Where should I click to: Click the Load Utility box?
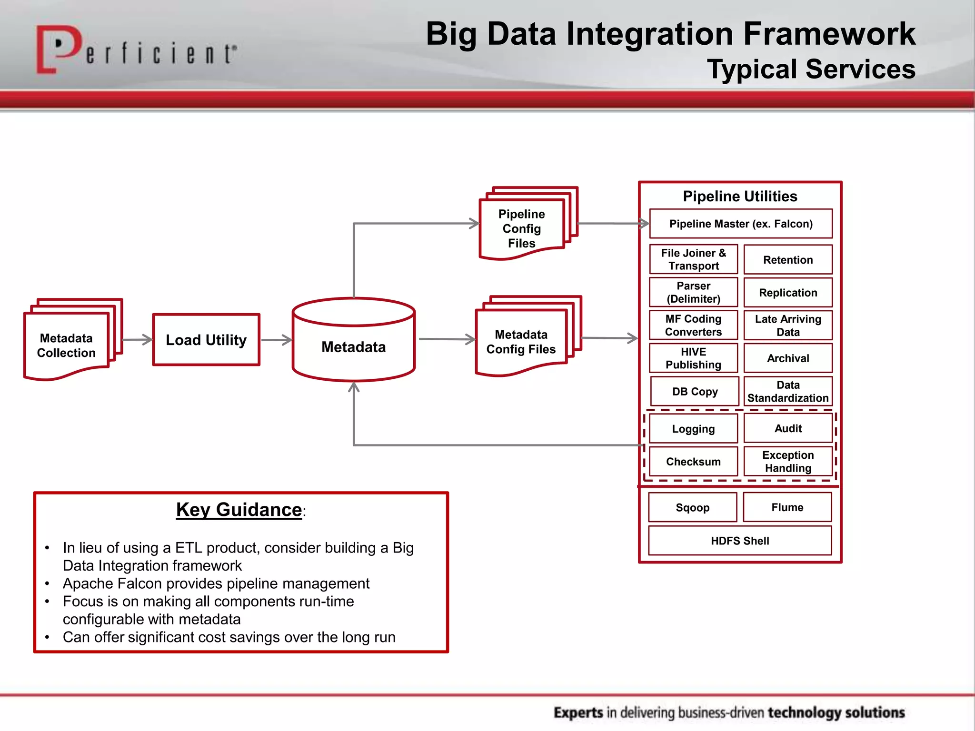point(206,340)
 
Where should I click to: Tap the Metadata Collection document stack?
point(67,345)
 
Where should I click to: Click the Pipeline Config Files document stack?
point(522,228)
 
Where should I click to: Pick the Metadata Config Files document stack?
point(521,341)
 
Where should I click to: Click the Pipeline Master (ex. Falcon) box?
point(741,224)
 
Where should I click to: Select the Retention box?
point(788,260)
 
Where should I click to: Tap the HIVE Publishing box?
point(693,358)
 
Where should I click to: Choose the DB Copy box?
point(695,391)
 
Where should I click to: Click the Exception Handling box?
point(788,461)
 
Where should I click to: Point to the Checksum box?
point(693,461)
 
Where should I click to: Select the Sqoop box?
point(692,507)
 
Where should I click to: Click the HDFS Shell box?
point(740,541)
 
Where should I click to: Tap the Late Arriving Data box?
point(788,326)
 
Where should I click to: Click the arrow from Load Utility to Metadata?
point(276,340)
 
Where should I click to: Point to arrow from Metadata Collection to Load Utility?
point(137,340)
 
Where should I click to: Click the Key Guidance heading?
point(239,510)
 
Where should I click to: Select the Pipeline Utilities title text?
point(740,196)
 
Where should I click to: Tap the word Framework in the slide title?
point(828,34)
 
